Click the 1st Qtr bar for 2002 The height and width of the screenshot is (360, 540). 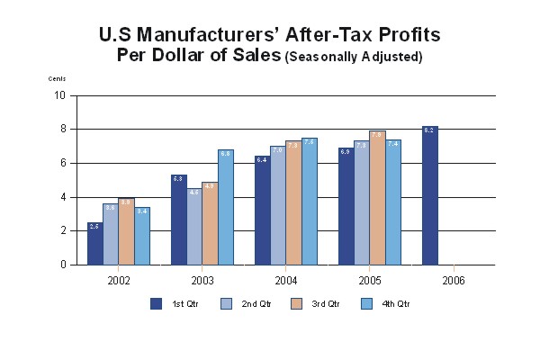(94, 244)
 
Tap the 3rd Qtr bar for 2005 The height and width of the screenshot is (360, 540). (377, 198)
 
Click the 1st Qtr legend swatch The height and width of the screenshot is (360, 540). (155, 303)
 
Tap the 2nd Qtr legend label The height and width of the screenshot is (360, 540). (257, 304)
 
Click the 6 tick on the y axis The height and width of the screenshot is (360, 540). (62, 163)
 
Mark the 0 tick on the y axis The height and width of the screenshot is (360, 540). (62, 265)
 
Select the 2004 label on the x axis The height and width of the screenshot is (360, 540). (287, 281)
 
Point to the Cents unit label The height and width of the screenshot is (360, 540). (57, 78)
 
